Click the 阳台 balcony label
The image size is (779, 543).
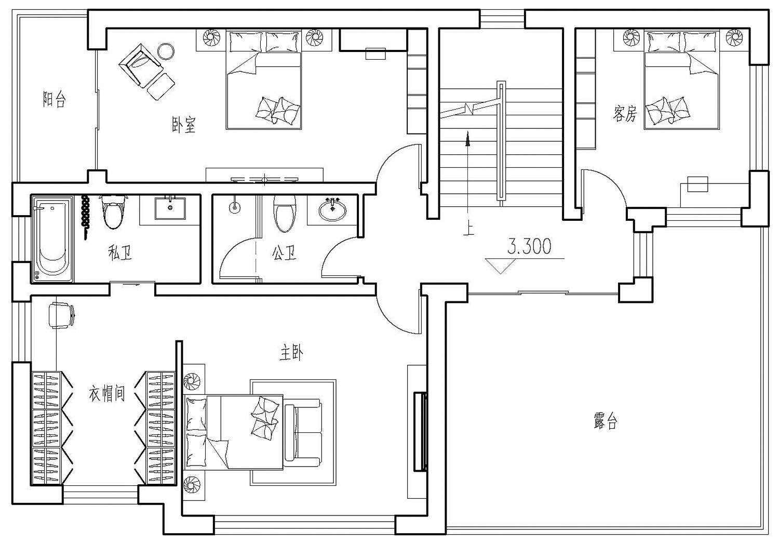54,99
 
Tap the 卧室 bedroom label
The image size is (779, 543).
184,125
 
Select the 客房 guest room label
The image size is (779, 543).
624,113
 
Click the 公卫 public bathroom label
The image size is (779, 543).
284,253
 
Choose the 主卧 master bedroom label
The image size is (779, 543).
291,353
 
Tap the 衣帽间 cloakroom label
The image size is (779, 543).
106,394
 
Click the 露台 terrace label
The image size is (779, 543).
605,420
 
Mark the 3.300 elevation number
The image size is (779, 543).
529,247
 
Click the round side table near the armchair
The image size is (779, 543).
166,51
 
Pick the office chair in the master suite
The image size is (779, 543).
61,315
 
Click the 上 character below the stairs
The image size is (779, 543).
468,229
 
